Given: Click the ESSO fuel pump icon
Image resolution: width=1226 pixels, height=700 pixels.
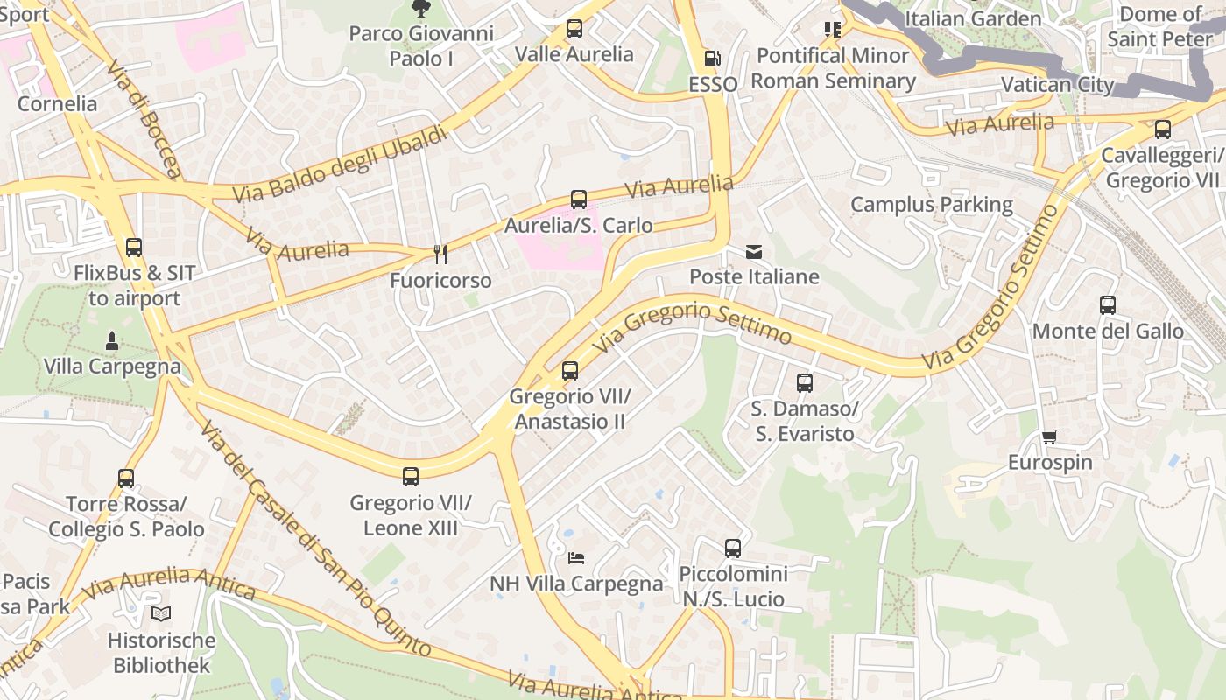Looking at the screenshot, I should (x=713, y=59).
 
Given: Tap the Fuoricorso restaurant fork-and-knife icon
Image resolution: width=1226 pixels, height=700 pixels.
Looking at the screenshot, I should (x=440, y=255).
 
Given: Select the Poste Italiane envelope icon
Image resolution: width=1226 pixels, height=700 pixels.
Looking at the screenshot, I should (x=753, y=252).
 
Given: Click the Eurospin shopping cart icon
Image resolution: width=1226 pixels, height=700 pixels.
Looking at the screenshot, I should (x=1049, y=437).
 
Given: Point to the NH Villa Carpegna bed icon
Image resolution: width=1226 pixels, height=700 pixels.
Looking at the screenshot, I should (x=575, y=557).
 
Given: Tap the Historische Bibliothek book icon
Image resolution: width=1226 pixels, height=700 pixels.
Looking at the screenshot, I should (x=160, y=614).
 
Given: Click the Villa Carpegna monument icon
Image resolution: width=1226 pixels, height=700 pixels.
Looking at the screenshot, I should (x=112, y=339).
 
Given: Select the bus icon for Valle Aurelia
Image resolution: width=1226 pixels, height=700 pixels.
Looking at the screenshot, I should (x=574, y=29).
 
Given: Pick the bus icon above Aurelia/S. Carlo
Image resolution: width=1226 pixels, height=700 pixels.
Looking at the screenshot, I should (x=579, y=199).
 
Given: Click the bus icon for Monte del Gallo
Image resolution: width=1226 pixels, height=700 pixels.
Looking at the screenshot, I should (x=1108, y=305).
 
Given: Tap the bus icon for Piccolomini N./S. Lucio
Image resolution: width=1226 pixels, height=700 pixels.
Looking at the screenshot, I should (x=733, y=549).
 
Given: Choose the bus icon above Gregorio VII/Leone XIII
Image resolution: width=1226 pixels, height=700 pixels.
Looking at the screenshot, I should (x=411, y=477).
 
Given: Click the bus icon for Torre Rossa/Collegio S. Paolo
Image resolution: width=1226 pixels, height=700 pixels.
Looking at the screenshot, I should (x=126, y=479).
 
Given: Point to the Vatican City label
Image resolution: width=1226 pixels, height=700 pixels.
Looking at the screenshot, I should (x=1057, y=85).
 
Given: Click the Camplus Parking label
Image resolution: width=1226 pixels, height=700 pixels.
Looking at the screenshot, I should (x=932, y=205).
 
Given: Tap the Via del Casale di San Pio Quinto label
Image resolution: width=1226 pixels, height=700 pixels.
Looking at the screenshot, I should (x=315, y=539).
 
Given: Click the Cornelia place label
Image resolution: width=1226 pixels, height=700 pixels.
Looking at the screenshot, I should (x=58, y=103).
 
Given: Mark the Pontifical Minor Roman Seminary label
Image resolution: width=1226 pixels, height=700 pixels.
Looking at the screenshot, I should (x=833, y=68).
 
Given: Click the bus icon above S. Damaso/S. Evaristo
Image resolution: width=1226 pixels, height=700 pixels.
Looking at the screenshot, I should (x=805, y=383).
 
